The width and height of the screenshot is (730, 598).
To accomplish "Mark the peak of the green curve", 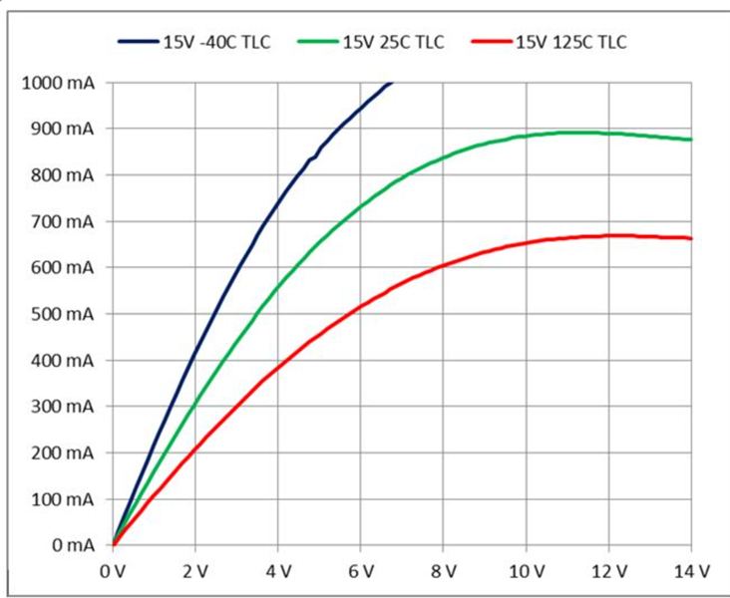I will (573, 132).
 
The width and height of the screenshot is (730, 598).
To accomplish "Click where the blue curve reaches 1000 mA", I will (392, 83).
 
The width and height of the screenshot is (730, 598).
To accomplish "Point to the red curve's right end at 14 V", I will (690, 238).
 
